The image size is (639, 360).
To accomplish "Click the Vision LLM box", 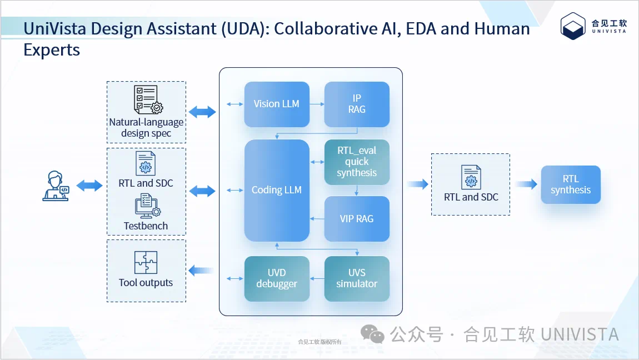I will coord(276,104).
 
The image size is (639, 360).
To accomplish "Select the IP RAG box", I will coord(357,104).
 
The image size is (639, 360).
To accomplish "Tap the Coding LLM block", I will coord(276,190).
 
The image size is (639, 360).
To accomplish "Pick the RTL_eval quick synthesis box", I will coord(357,162).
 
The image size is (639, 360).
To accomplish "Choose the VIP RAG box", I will coord(357,219).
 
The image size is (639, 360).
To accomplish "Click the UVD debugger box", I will coord(276,278).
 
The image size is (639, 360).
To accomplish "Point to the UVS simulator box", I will coord(357,278).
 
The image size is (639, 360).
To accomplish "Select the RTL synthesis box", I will coord(571,184).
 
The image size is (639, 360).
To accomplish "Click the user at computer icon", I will coord(56,186).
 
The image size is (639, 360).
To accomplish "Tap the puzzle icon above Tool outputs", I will coord(146,263).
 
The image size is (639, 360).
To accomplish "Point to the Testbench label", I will coord(146,226).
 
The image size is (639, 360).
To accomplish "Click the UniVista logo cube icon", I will coord(573,26).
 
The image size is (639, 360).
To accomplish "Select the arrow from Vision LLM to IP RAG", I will coord(317,104).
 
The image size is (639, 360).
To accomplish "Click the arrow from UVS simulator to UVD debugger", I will coord(317,278).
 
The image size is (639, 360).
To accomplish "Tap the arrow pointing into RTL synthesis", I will coord(525,184).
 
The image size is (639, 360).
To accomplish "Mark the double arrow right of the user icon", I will coord(89,186).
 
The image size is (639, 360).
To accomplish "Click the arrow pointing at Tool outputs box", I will coord(201,271).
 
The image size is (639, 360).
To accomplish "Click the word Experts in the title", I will coord(52,50).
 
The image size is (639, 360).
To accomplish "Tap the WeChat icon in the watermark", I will coord(372,333).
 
